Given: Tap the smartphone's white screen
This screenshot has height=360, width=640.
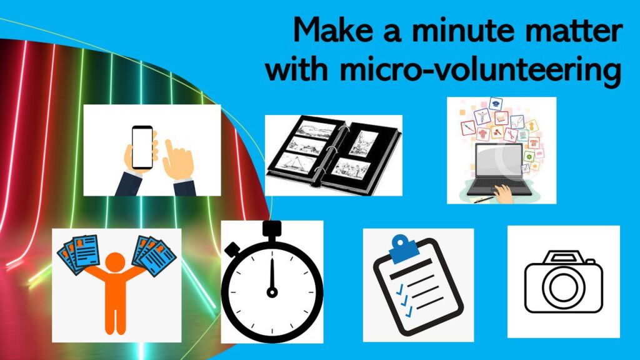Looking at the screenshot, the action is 142,147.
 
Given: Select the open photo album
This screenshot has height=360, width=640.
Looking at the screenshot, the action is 334,155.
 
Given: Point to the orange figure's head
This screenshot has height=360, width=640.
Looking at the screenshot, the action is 115,262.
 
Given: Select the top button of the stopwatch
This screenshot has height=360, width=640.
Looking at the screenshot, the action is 272,229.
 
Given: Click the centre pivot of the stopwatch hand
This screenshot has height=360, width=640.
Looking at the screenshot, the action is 272,292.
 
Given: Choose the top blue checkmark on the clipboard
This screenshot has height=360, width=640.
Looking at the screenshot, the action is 400,289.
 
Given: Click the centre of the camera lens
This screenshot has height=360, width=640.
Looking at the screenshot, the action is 563,286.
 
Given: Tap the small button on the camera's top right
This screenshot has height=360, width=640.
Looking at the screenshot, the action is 590,261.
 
